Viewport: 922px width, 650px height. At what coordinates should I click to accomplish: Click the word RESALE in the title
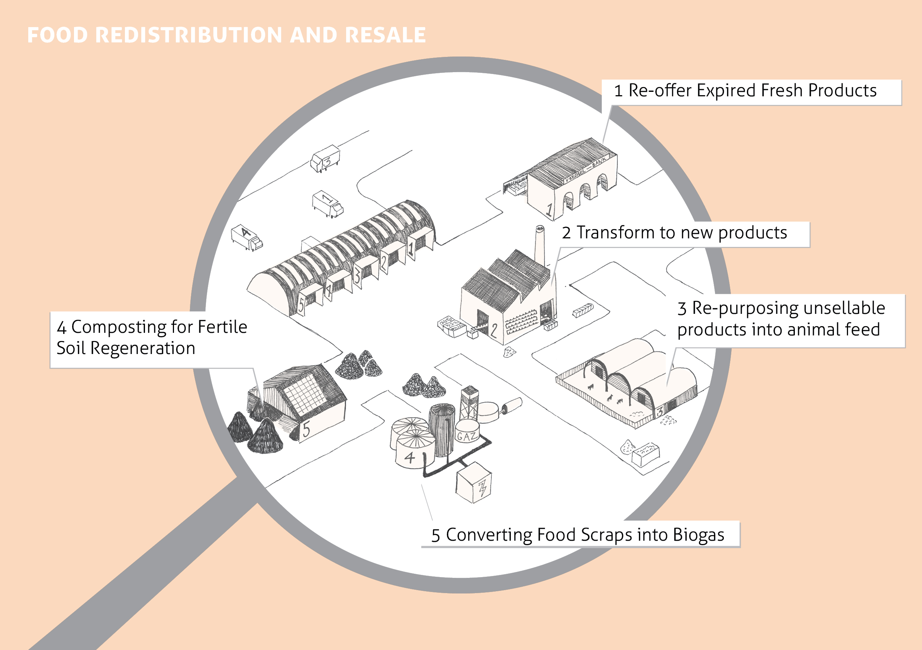click(x=385, y=35)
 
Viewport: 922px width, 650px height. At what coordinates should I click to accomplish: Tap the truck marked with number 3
click(x=325, y=159)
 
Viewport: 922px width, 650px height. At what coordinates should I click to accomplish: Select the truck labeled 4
click(x=246, y=237)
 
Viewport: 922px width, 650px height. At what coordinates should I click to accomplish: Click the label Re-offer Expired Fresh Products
click(x=745, y=91)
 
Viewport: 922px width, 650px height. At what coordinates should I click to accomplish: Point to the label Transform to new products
click(x=675, y=233)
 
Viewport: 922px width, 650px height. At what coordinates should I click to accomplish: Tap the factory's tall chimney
click(x=540, y=245)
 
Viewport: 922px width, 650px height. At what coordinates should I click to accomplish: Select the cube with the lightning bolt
click(x=474, y=482)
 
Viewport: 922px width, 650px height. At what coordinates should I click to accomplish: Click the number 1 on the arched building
click(x=549, y=209)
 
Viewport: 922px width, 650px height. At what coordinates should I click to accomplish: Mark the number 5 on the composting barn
click(x=306, y=429)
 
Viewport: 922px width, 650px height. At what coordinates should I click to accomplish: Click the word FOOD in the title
click(x=57, y=35)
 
